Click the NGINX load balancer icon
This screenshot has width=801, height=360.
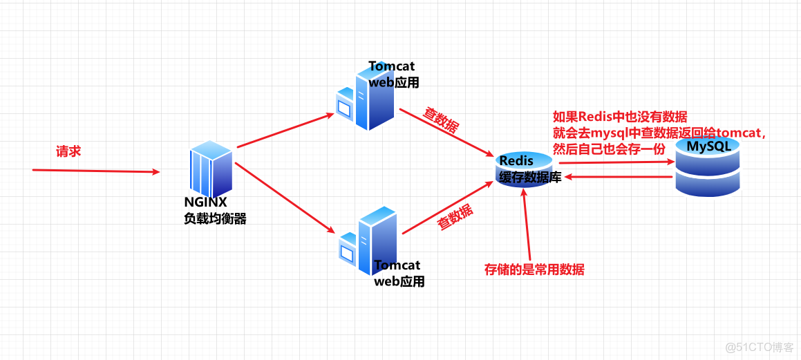point(211,169)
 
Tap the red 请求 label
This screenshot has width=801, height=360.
point(68,151)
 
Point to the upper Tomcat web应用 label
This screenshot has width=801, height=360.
point(393,75)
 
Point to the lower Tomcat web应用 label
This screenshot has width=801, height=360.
point(399,274)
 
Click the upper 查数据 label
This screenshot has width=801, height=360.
point(440,120)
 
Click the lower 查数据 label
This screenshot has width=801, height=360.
point(455,218)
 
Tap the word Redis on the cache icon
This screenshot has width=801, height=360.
point(516,161)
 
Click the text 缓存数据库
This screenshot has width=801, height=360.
point(530,177)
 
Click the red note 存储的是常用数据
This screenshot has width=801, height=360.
point(534,269)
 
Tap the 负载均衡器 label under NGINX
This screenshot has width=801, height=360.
point(215,218)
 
